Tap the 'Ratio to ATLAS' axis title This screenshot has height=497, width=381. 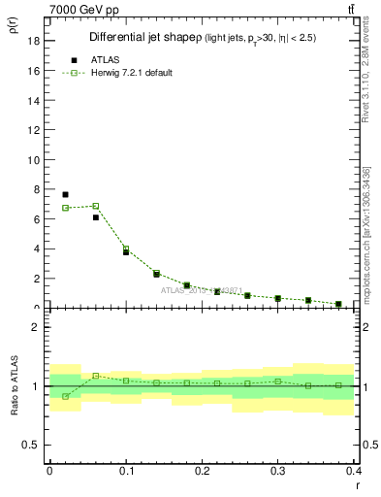tap(15, 387)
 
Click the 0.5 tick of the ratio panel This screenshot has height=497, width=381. tap(33, 445)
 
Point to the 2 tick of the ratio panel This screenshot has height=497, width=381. tap(37, 327)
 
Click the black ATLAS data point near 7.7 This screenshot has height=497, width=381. tap(65, 194)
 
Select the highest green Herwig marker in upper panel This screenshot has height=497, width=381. tap(95, 206)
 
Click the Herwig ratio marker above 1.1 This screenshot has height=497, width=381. tap(95, 376)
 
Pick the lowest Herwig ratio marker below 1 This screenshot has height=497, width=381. tap(65, 396)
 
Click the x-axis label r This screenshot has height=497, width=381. tap(359, 484)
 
